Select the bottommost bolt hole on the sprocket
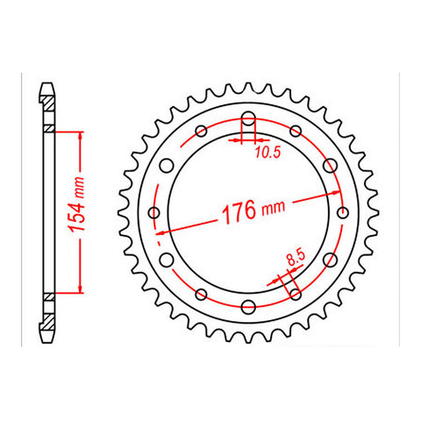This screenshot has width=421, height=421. (247, 305)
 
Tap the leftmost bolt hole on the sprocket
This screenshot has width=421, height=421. (154, 212)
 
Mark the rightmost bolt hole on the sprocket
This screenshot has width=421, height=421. (340, 212)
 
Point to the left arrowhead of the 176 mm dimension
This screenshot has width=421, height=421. (160, 233)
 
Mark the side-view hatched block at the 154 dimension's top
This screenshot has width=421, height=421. (48, 130)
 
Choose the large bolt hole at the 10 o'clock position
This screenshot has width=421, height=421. (167, 166)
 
